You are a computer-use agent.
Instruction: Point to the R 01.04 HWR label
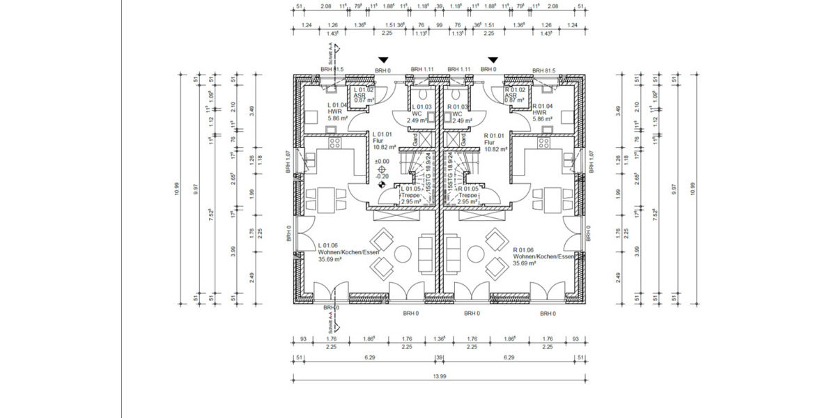point(543,112)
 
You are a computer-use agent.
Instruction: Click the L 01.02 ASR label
point(364,95)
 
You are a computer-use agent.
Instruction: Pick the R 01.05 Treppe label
point(467,195)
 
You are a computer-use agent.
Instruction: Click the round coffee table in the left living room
point(402,251)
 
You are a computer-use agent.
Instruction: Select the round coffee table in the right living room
point(477,251)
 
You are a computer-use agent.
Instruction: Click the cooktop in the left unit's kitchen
point(334,144)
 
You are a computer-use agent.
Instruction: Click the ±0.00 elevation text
point(381,161)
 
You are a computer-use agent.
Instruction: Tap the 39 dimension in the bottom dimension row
point(439,357)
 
